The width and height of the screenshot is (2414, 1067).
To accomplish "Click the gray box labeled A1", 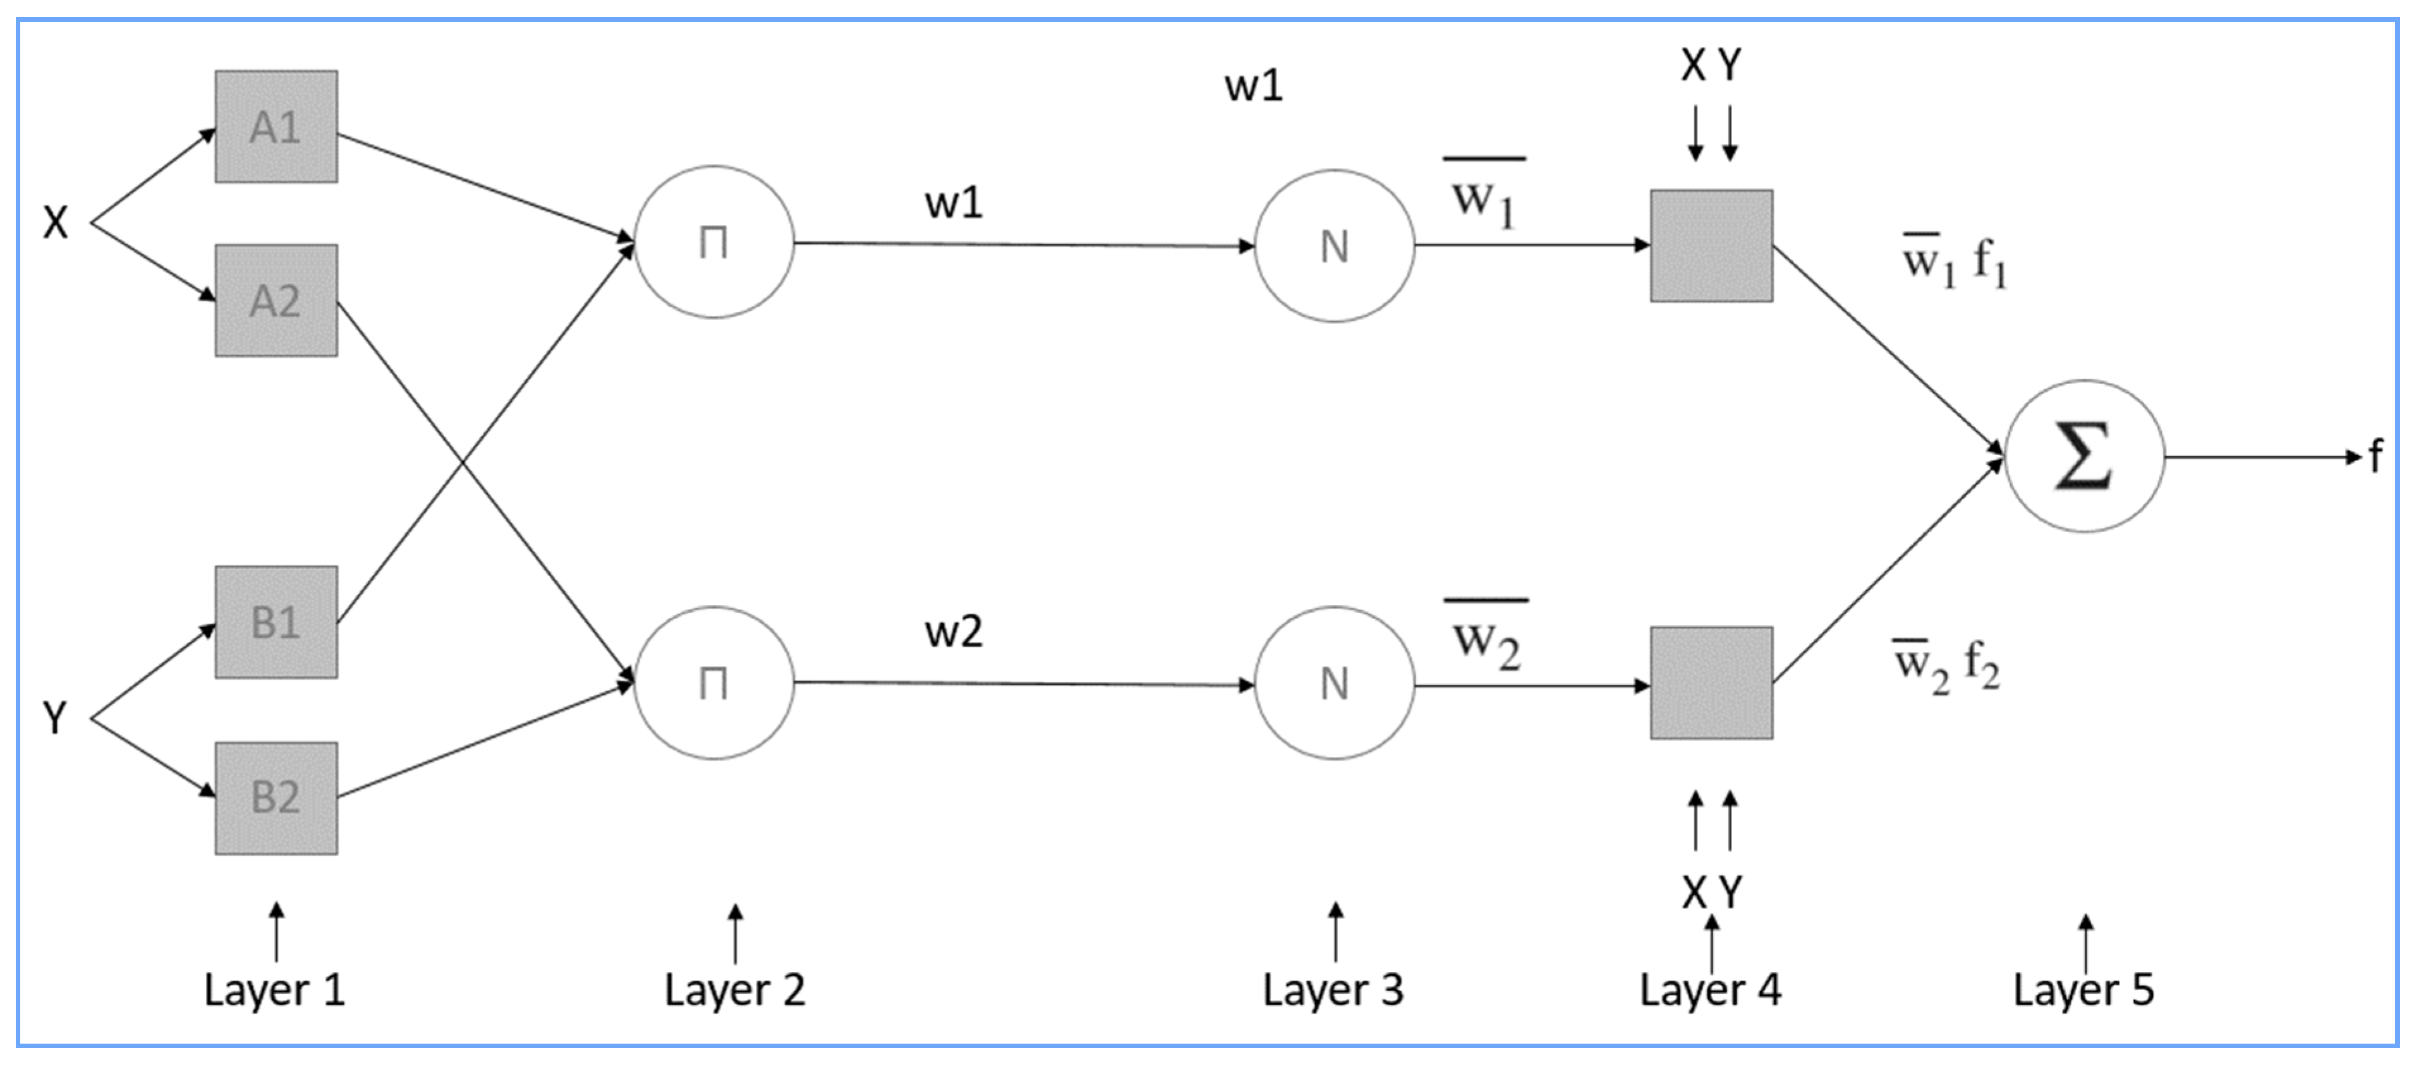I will click(276, 126).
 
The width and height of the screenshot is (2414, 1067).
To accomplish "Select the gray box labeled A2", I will click(276, 301).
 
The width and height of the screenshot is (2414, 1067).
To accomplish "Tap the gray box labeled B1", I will click(276, 622).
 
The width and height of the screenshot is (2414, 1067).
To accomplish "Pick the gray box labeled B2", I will click(276, 798).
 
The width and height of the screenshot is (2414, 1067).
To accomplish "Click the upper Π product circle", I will click(714, 243).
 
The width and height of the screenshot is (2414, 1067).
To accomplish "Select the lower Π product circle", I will click(714, 683).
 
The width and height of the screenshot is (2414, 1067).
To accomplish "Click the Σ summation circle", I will click(2084, 456).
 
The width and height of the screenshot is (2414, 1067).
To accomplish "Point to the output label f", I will click(2375, 457).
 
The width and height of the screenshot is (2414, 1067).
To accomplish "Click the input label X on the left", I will click(55, 223).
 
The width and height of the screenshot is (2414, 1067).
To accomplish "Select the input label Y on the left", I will click(55, 718).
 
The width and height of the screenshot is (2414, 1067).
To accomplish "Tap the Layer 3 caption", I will click(1333, 990).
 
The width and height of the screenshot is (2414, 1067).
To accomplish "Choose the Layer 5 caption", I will click(2083, 990).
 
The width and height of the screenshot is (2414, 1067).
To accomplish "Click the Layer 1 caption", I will click(274, 990).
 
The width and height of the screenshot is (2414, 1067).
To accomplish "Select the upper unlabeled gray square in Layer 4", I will click(1711, 246).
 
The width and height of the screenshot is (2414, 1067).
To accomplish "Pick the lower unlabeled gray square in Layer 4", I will click(1711, 683).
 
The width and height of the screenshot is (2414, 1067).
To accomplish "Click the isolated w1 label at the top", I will click(1253, 86).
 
